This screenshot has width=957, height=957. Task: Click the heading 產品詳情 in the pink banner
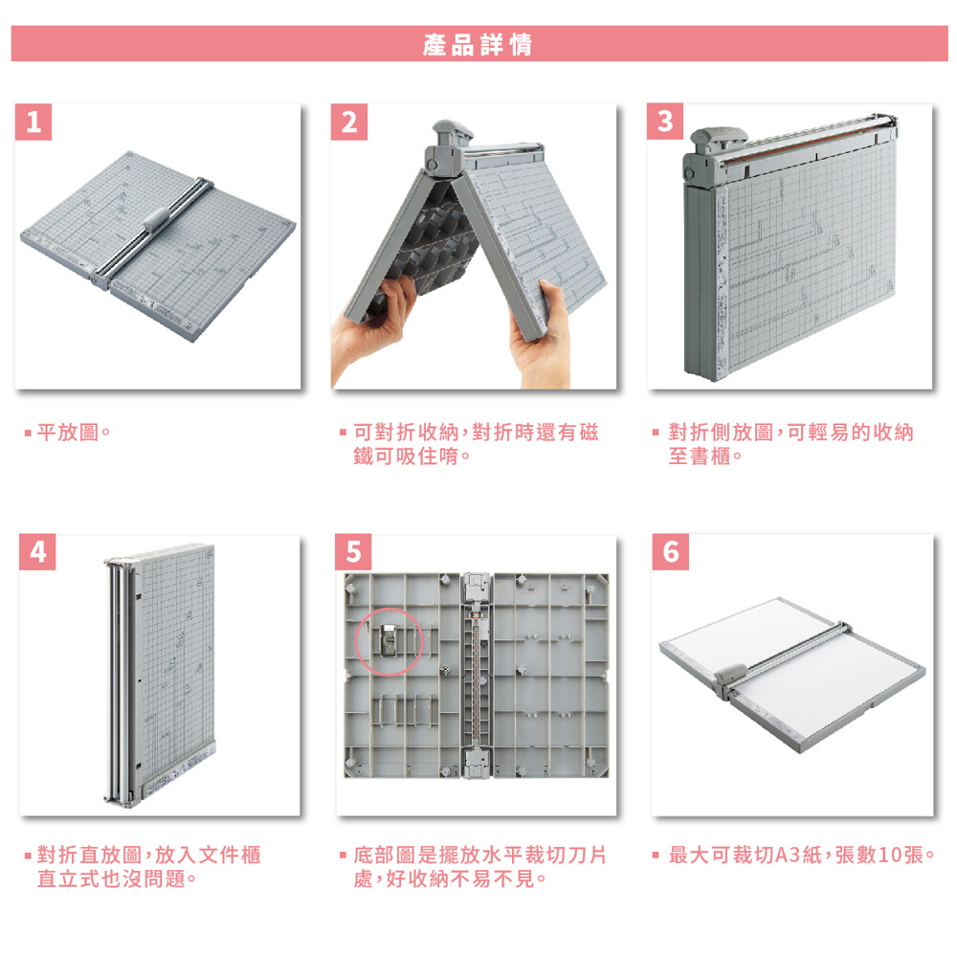point(478,45)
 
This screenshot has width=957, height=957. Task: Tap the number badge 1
point(33,122)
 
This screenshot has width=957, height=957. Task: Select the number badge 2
point(349,122)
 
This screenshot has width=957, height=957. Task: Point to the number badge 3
point(665,122)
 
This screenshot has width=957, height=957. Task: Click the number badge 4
point(37,552)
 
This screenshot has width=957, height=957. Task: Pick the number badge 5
point(353,552)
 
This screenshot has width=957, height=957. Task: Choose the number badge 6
point(670,552)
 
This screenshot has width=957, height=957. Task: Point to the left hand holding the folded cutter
point(372,323)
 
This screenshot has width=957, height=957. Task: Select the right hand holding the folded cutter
point(540,336)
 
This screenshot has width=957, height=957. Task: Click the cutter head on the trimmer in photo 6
point(730,677)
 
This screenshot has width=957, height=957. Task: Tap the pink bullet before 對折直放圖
point(28,856)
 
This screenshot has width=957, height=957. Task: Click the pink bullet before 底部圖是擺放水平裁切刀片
point(343,856)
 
